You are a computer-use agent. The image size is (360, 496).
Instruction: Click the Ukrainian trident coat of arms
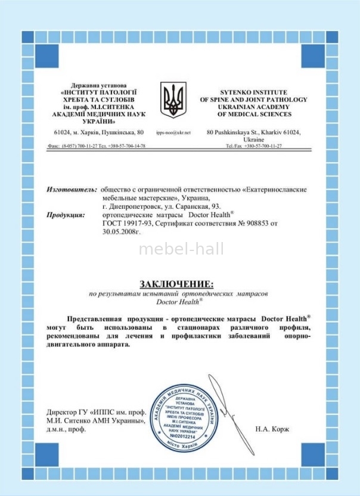(x=173, y=100)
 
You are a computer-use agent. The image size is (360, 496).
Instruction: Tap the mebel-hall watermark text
(x=181, y=249)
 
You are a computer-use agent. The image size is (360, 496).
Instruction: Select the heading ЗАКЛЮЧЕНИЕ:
(x=176, y=283)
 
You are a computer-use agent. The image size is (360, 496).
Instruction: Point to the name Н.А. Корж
(x=271, y=429)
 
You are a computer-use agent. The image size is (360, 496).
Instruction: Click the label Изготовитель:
(x=72, y=189)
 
